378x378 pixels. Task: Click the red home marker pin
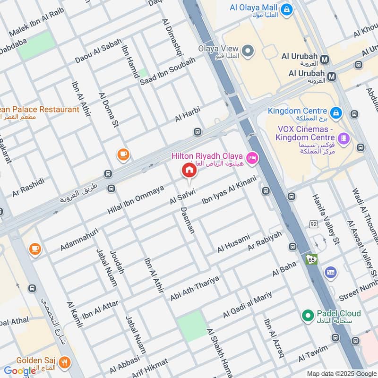[189, 170]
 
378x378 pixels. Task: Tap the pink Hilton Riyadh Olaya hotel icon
[251, 157]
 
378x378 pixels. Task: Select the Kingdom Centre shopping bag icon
[336, 112]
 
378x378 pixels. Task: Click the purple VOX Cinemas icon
[344, 139]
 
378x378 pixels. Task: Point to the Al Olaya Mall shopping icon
[286, 9]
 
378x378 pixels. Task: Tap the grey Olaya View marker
[247, 50]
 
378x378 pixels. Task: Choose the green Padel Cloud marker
[308, 314]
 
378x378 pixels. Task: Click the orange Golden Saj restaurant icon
[65, 362]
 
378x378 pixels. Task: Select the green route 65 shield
[312, 259]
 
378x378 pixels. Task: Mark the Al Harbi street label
[188, 114]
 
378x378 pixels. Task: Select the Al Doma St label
[108, 111]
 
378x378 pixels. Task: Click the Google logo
[20, 371]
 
